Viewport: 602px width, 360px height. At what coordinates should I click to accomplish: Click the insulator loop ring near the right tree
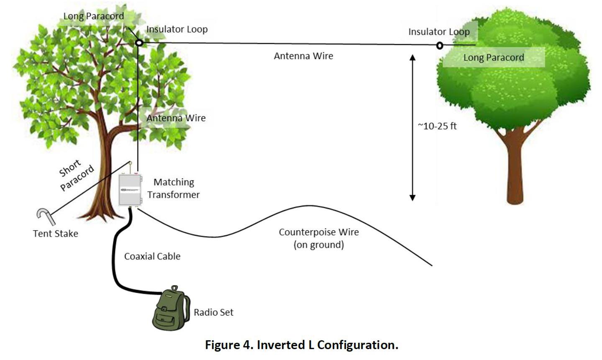coord(437,46)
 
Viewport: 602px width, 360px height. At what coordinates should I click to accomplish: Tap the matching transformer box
coord(130,190)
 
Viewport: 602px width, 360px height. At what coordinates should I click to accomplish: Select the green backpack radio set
coord(171,309)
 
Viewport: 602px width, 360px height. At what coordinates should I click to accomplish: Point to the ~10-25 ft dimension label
coord(437,126)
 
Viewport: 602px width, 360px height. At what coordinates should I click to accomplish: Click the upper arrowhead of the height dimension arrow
coord(412,57)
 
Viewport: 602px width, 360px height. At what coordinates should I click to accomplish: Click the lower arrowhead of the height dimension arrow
coord(412,198)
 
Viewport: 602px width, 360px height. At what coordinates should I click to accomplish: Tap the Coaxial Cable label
coord(152,256)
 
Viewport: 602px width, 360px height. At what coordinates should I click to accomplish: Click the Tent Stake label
coord(56,233)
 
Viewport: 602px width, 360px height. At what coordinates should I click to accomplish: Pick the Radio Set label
coord(214,312)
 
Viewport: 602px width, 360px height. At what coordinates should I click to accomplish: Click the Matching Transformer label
coord(174,188)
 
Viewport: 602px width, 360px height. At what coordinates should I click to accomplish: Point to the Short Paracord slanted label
coord(76,175)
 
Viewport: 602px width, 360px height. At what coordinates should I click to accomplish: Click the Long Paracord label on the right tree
coord(494,57)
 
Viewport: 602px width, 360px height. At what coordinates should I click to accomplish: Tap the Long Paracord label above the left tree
coord(94,16)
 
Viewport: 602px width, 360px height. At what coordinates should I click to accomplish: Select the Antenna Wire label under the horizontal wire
coord(303,56)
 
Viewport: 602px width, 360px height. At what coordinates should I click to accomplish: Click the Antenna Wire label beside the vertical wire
coord(176,118)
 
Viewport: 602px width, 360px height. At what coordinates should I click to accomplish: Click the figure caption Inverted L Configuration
coord(302,345)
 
